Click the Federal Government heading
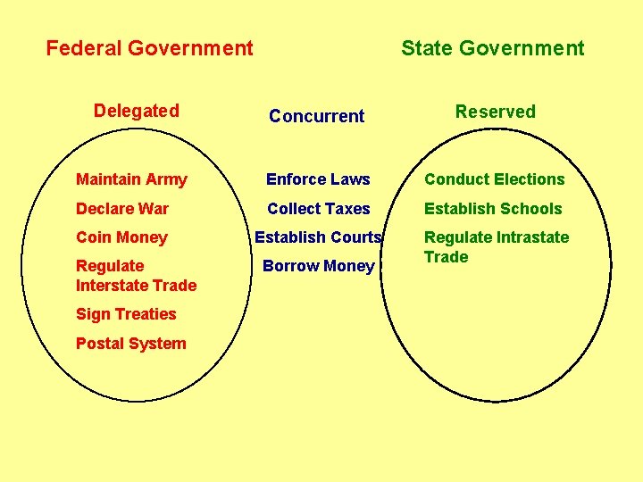point(149,48)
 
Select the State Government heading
point(492,48)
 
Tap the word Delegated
point(137,111)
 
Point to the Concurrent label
point(316,116)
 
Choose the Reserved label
point(495,112)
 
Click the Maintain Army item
point(131,179)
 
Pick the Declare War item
point(122,209)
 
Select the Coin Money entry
point(121,237)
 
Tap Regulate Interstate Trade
point(136,275)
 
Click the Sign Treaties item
point(126,314)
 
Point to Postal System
point(130,344)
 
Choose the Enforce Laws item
point(318,179)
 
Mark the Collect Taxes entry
point(318,209)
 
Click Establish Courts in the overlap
point(318,237)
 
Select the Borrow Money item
point(318,266)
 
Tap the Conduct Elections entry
point(494,179)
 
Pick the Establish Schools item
point(493,209)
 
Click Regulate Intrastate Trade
point(496,246)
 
